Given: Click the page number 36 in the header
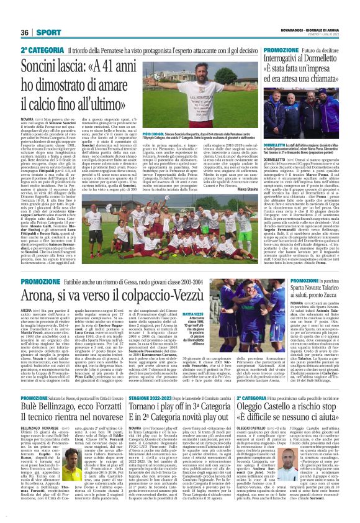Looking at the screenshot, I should (25, 32).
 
